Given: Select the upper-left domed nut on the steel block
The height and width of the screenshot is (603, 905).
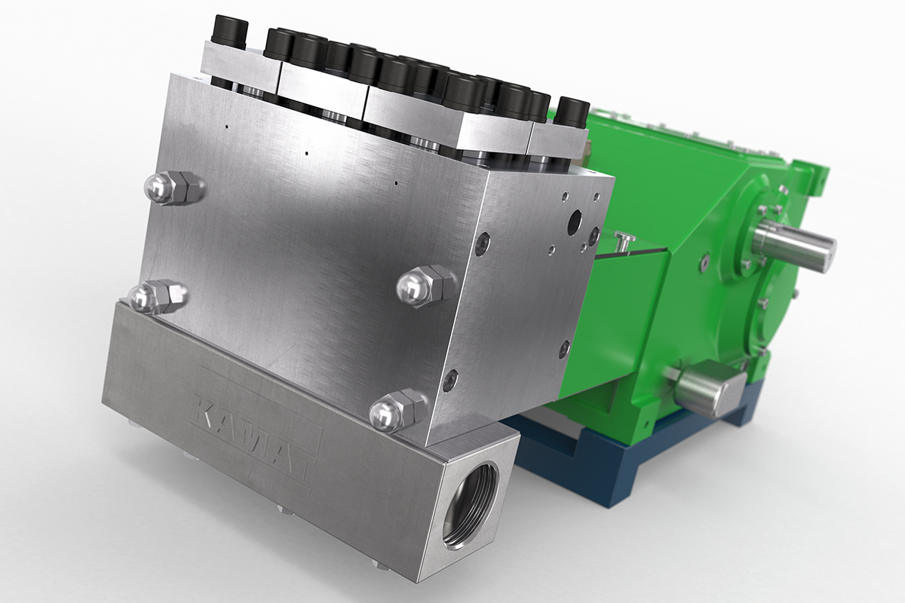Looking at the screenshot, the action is (173, 188).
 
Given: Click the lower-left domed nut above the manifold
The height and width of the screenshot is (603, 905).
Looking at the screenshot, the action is (157, 298).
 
